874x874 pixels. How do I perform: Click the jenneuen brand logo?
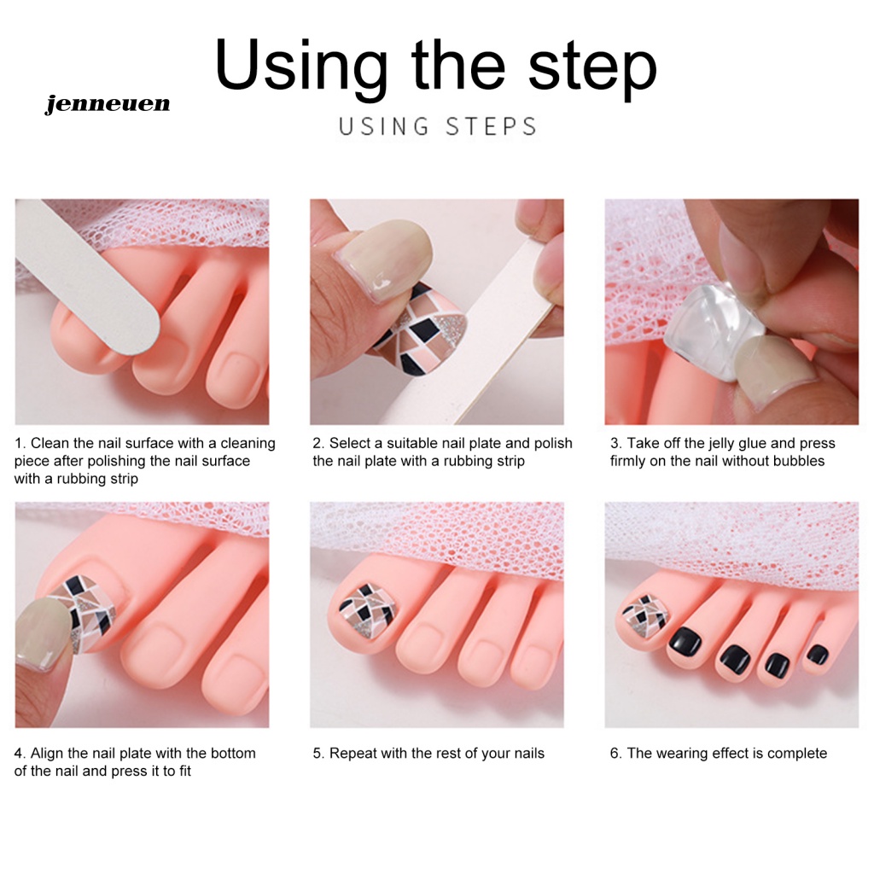click(x=108, y=103)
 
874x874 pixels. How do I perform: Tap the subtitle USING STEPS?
click(x=438, y=126)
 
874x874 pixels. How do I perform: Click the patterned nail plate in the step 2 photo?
click(x=421, y=333)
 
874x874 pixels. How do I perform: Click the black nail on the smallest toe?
click(x=818, y=654)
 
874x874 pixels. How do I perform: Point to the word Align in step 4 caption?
click(x=48, y=753)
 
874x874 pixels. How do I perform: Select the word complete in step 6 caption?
click(x=797, y=754)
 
